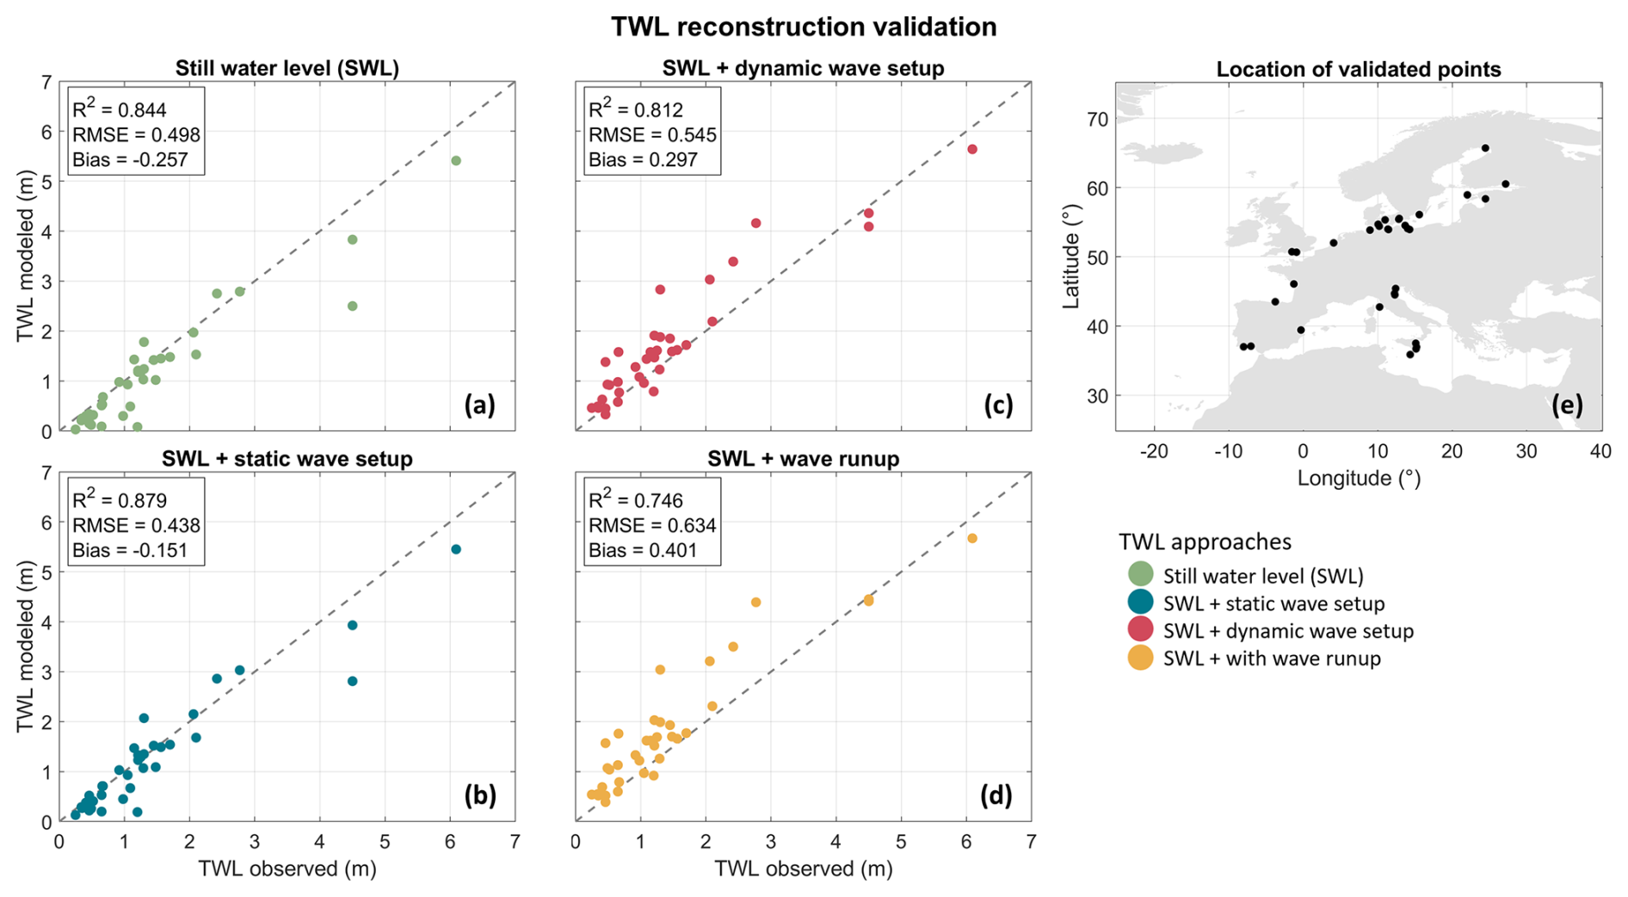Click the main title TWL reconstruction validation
804,27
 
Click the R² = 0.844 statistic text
120,109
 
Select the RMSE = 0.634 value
652,525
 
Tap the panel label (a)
479,405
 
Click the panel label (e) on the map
1567,405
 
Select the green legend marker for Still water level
1140,575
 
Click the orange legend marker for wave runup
1140,659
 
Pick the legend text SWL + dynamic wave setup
1287,631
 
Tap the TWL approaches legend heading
1205,541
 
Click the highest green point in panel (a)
456,161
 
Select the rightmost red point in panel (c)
972,150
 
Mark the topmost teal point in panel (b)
456,549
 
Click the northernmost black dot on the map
1485,148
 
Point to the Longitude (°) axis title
1359,479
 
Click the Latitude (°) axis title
1071,257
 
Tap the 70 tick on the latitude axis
1097,119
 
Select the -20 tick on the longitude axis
1154,451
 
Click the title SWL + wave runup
803,459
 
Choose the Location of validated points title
1358,70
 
